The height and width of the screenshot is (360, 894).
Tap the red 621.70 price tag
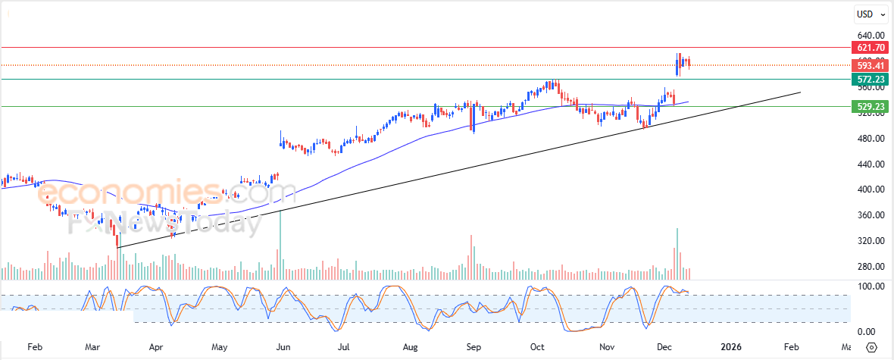point(871,48)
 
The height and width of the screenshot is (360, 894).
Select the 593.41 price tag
point(871,65)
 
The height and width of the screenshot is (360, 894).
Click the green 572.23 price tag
point(871,79)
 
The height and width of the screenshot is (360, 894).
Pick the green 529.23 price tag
point(871,107)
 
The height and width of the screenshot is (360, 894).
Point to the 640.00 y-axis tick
point(871,36)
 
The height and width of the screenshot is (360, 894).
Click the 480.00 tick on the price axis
point(871,139)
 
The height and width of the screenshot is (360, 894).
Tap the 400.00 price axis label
point(871,189)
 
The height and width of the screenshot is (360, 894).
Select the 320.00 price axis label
point(871,241)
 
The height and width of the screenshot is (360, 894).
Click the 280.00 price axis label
point(871,267)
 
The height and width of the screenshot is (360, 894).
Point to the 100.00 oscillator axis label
point(871,286)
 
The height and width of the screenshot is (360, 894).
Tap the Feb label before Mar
point(34,347)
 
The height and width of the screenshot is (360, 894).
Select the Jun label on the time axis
point(283,347)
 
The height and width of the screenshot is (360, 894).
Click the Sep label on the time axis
point(474,347)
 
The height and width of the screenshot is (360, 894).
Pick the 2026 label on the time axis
point(731,347)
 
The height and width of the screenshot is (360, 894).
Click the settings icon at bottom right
point(871,347)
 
